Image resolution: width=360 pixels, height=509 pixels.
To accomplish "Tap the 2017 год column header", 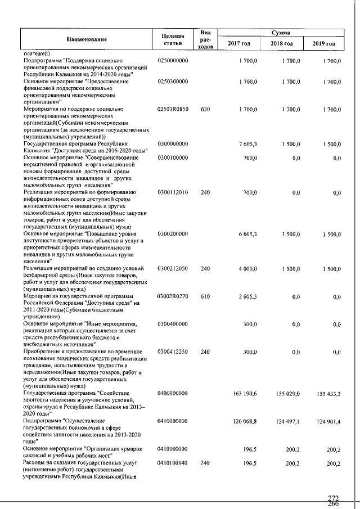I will (x=238, y=43).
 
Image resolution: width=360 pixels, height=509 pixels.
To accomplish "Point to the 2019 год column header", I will (x=323, y=43).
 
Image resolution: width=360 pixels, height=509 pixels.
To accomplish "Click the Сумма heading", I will (x=280, y=33).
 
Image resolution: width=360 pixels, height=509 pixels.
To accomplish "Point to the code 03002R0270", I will (x=173, y=296).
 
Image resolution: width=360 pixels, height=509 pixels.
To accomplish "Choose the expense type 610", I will (x=205, y=296).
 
